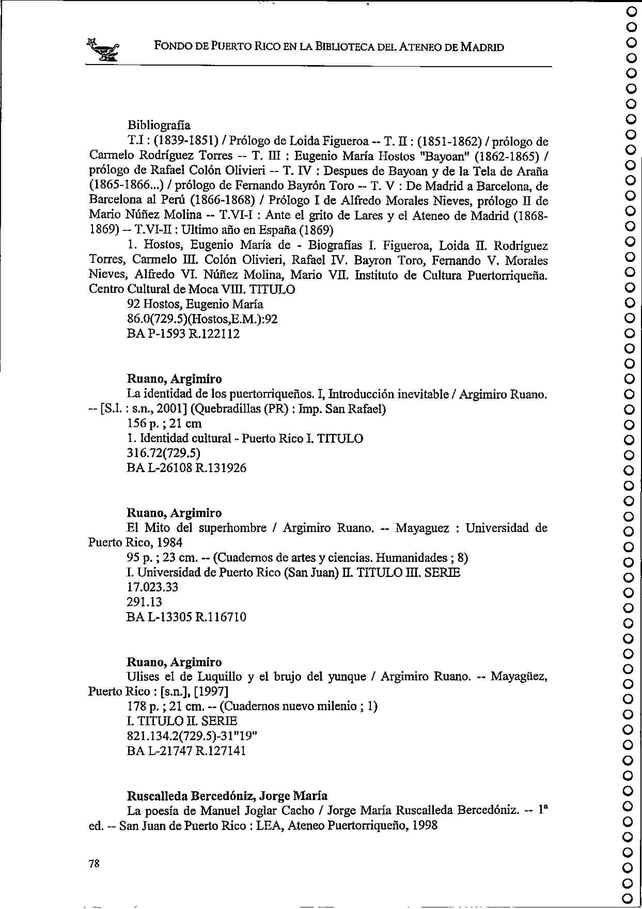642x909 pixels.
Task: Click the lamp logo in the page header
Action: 104,50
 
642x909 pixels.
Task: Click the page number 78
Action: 94,864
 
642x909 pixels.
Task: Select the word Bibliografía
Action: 159,126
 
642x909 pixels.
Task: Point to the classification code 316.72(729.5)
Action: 163,453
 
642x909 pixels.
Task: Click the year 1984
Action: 169,543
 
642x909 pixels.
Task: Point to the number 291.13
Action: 144,602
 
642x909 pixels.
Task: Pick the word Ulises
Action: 144,677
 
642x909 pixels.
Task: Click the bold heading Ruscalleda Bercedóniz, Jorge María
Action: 227,796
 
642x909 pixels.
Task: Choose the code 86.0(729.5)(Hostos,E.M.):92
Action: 202,319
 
